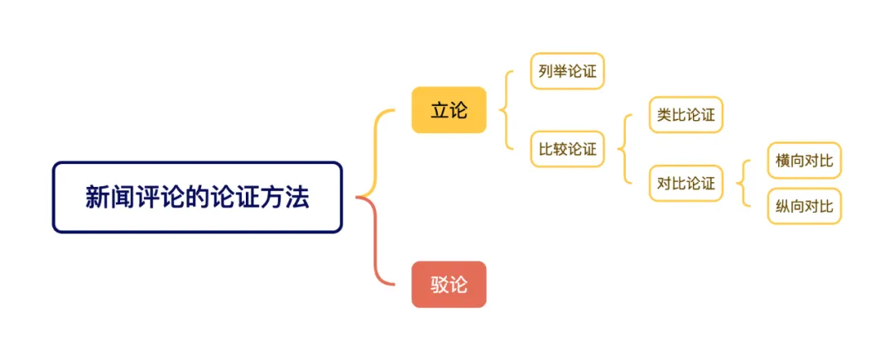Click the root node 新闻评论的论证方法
click(x=197, y=197)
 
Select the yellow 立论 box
click(x=449, y=109)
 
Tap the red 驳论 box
click(x=449, y=284)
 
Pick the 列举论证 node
click(x=567, y=71)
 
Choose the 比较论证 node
click(x=567, y=149)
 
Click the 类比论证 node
click(x=685, y=114)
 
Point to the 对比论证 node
click(x=685, y=184)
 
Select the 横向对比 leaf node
click(x=804, y=161)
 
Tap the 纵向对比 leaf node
click(x=804, y=205)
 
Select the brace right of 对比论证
click(x=743, y=183)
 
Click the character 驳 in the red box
click(x=440, y=284)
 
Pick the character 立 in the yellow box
click(x=440, y=109)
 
